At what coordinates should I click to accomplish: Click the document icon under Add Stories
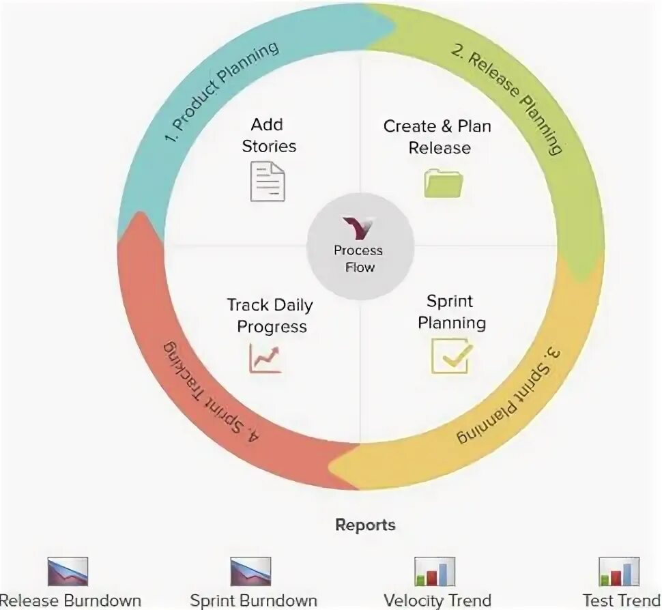click(x=268, y=181)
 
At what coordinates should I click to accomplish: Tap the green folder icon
click(x=444, y=183)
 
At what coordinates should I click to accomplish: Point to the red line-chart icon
click(x=265, y=358)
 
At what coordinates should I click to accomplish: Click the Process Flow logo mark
click(x=358, y=228)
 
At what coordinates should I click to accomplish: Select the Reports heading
click(x=365, y=525)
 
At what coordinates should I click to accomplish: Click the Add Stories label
click(x=268, y=135)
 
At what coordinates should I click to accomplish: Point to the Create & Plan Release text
click(x=438, y=136)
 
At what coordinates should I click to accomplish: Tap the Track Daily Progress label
click(x=272, y=316)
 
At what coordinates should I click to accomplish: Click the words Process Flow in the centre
click(x=359, y=259)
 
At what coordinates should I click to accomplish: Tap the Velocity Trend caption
click(x=437, y=600)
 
